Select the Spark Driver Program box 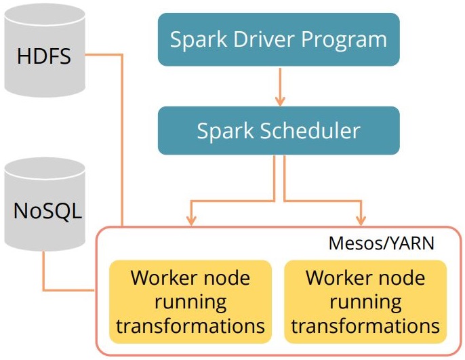pyautogui.click(x=278, y=39)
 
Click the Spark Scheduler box pyautogui.click(x=278, y=129)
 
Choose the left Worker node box pyautogui.click(x=190, y=301)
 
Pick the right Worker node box pyautogui.click(x=365, y=301)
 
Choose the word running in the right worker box pyautogui.click(x=365, y=302)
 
